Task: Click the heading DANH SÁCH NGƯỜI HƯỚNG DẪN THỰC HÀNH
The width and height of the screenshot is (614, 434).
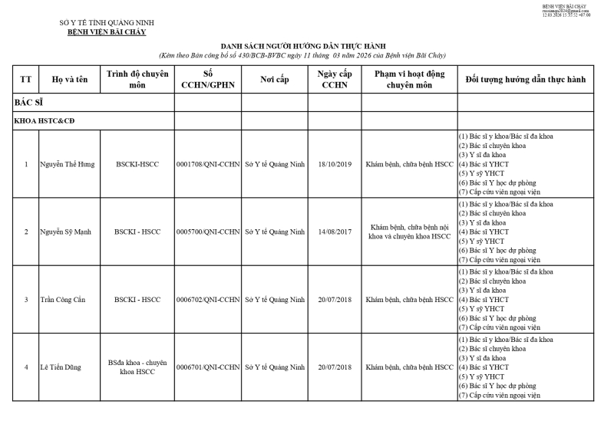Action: coord(302,46)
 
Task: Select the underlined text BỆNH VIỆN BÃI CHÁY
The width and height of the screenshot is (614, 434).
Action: coord(107,32)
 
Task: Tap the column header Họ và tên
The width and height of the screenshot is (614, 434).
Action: coord(67,80)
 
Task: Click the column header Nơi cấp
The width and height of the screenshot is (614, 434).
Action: coord(275,80)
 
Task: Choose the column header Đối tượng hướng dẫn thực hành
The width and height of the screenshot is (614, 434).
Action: coord(526,80)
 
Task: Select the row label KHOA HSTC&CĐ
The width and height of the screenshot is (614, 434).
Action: coord(44,121)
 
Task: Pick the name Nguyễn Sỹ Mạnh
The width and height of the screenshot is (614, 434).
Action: coord(68,232)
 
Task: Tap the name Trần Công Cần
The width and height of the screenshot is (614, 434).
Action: coord(64,299)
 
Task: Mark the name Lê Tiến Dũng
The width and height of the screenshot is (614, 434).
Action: coord(61,367)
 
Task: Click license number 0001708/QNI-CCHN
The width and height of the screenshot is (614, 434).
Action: coord(208,164)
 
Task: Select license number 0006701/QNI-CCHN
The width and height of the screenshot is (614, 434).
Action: coord(208,367)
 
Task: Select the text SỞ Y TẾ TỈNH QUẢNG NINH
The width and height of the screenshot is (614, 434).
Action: coord(107,23)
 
